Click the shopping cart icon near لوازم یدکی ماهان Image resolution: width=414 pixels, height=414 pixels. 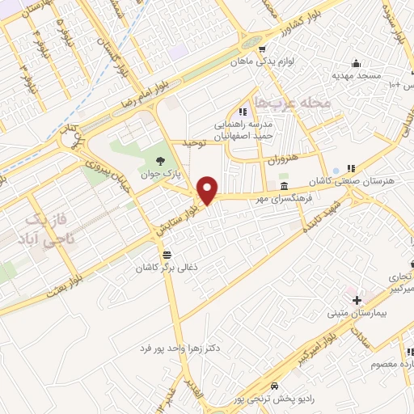point(262,49)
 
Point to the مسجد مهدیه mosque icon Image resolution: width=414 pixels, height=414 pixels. point(354,64)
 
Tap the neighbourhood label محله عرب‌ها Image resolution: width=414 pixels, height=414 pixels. point(291,102)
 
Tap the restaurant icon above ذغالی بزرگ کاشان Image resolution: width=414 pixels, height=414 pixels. point(166,254)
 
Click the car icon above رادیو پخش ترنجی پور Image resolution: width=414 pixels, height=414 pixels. point(277,386)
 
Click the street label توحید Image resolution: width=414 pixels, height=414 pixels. point(194,143)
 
